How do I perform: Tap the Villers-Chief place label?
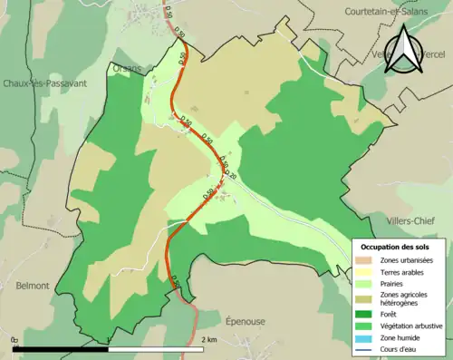pyautogui.click(x=411, y=220)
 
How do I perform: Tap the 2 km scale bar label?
pyautogui.click(x=209, y=340)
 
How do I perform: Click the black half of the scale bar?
pyautogui.click(x=61, y=348)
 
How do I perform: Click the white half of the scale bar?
pyautogui.click(x=155, y=348)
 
